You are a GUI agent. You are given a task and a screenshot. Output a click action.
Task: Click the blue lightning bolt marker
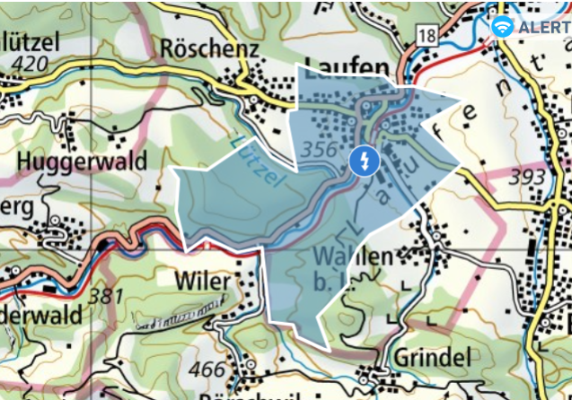tap(364, 161)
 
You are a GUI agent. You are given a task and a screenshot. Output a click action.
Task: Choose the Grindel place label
tap(432, 359)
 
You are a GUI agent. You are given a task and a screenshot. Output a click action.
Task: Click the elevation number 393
tap(526, 178)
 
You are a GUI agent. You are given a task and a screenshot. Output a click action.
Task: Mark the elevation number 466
tap(210, 369)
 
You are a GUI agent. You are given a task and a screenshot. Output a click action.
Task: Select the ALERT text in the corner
tap(543, 27)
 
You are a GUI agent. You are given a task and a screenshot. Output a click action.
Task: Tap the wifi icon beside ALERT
tap(503, 27)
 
